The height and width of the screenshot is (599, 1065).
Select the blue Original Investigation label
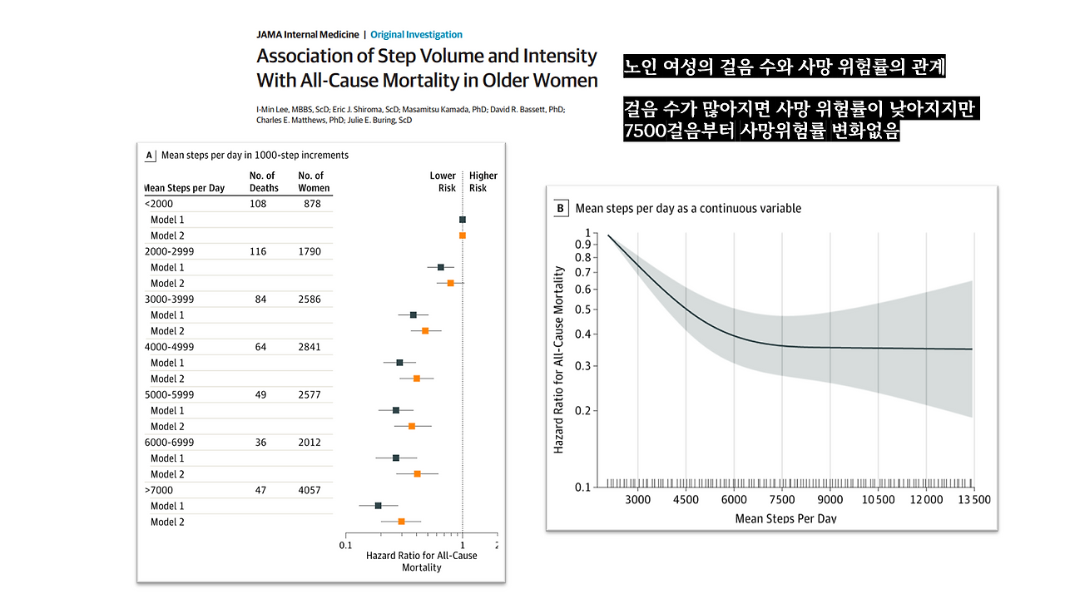pyautogui.click(x=416, y=35)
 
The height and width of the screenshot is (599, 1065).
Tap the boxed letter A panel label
pyautogui.click(x=150, y=155)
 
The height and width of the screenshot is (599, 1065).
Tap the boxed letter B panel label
pyautogui.click(x=561, y=208)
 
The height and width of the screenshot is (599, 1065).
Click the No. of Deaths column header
pyautogui.click(x=264, y=181)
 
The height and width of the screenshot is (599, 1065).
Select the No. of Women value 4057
pyautogui.click(x=309, y=490)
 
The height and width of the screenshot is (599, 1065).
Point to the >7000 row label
pyautogui.click(x=160, y=490)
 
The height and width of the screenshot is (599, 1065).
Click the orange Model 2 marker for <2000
pyautogui.click(x=463, y=235)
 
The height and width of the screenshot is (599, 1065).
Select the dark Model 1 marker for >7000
pyautogui.click(x=379, y=506)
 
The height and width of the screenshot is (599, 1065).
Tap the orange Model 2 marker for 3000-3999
pyautogui.click(x=425, y=331)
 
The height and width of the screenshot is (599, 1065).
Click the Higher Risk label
pyautogui.click(x=483, y=181)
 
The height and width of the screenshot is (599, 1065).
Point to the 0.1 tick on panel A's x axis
pyautogui.click(x=344, y=545)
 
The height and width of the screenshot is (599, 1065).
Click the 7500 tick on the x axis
pyautogui.click(x=782, y=500)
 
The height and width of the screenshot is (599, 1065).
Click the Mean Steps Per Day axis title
pyautogui.click(x=785, y=519)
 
